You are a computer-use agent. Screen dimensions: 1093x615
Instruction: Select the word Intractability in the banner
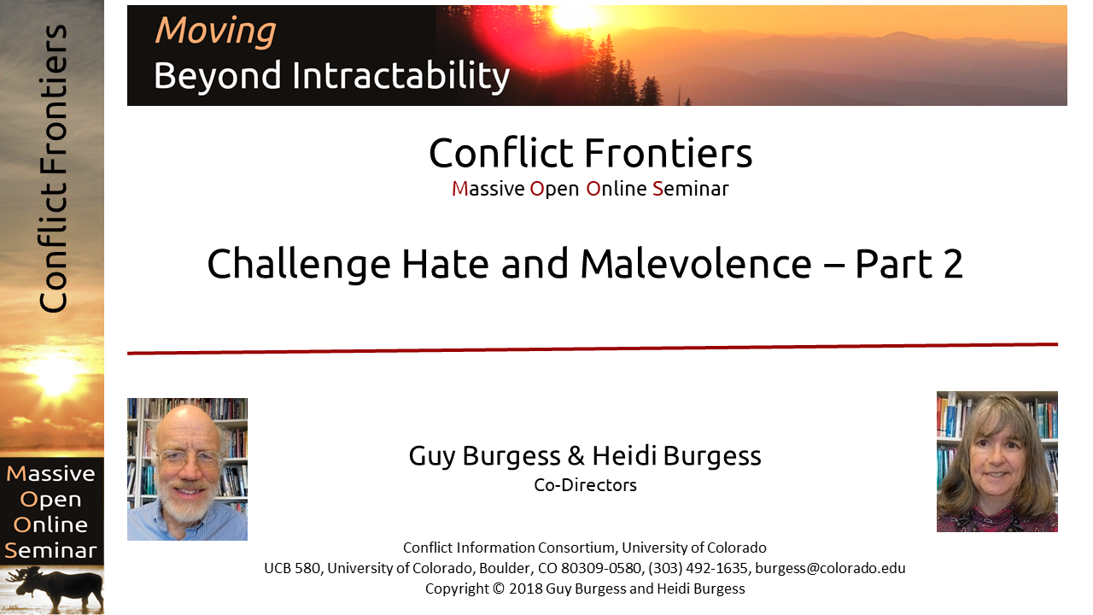[x=400, y=76]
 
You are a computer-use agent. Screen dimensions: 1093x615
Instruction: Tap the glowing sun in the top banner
[x=575, y=18]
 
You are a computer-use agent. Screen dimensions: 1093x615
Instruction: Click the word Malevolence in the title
[x=696, y=264]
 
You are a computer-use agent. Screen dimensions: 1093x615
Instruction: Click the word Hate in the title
[x=445, y=264]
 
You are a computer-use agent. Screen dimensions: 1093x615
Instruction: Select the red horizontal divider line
[x=593, y=348]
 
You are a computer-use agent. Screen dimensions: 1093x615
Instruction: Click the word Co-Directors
[x=585, y=485]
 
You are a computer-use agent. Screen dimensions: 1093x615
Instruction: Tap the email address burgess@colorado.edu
[x=830, y=568]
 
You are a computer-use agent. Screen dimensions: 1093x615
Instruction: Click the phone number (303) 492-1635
[x=698, y=568]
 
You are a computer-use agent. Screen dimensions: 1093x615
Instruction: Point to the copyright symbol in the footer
[x=498, y=589]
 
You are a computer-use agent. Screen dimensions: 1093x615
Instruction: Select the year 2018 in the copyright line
[x=525, y=589]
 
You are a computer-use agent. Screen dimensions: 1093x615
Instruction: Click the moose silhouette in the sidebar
[x=57, y=589]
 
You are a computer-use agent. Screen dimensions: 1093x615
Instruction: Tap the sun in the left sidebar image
[x=55, y=376]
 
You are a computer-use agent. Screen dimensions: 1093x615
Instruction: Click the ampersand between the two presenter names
[x=576, y=456]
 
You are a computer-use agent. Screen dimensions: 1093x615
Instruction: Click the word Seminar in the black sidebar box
[x=50, y=551]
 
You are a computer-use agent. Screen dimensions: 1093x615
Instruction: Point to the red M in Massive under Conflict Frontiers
[x=459, y=189]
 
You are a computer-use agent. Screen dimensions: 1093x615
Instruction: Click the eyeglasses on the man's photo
[x=189, y=460]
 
